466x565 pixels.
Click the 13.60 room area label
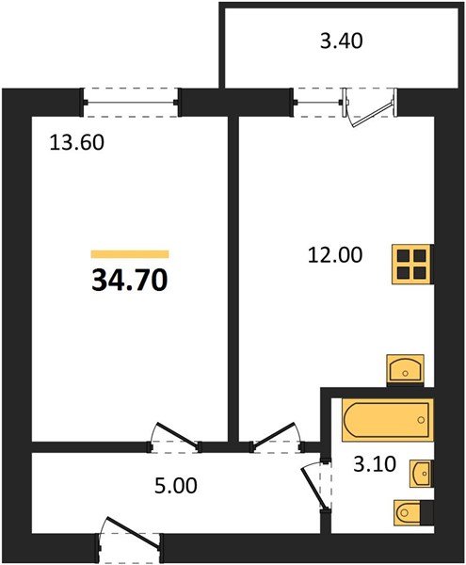[x=76, y=142]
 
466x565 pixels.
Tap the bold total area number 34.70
[x=130, y=280]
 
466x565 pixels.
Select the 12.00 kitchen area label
[x=335, y=255]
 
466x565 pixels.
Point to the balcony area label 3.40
[x=342, y=40]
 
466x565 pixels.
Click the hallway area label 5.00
[x=176, y=485]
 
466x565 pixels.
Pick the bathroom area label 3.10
[x=375, y=463]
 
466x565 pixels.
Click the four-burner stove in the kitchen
[x=411, y=265]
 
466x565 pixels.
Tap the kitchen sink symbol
[x=405, y=370]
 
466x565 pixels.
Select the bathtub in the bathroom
[x=387, y=419]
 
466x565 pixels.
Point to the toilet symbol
[x=413, y=512]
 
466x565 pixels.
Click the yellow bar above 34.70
[x=130, y=253]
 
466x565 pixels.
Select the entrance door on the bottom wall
[x=130, y=537]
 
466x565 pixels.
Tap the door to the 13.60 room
[x=176, y=437]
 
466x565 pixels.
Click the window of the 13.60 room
[x=130, y=103]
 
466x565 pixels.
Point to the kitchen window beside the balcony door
[x=317, y=103]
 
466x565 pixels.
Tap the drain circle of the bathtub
[x=421, y=420]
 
